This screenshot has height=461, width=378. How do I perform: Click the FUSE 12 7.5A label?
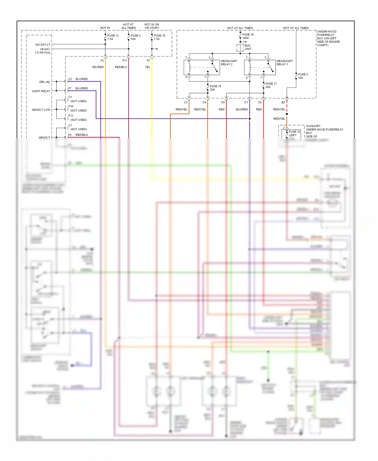point(113,37)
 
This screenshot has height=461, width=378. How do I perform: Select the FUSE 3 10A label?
point(135,37)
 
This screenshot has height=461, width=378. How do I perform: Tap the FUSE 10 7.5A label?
point(159,37)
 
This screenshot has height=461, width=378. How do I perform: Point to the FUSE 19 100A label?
point(248,36)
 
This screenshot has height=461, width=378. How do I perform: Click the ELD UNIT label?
point(248,47)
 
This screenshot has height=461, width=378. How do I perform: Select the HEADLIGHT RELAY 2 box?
point(202,68)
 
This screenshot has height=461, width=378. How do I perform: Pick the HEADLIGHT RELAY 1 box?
point(260,68)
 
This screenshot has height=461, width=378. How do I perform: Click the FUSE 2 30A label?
point(303,76)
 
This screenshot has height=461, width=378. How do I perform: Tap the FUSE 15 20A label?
point(215,88)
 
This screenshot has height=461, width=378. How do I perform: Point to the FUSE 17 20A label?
point(271,85)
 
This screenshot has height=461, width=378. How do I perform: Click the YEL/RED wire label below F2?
point(98,67)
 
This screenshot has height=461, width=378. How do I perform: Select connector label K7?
point(148,61)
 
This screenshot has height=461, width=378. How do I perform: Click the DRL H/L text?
point(45,82)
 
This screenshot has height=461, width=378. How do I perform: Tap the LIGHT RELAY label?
point(41,91)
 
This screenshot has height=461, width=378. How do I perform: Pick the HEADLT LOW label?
point(41,110)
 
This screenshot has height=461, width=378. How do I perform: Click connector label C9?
point(223,102)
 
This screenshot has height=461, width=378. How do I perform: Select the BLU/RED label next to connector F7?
point(82,88)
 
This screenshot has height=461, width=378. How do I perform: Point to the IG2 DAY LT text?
point(43,45)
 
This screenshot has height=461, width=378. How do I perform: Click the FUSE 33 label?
point(294,132)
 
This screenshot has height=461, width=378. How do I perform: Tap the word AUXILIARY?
point(313,126)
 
